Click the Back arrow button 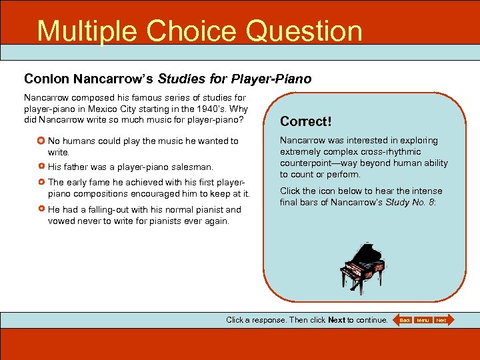[x=403, y=320]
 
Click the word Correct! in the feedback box [x=305, y=121]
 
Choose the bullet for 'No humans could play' [x=41, y=141]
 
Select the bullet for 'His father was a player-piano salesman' [x=41, y=167]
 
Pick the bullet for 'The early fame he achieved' [x=41, y=182]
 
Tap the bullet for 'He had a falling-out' [x=41, y=209]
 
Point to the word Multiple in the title [x=86, y=31]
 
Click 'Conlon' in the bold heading [x=46, y=79]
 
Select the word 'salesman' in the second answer [x=194, y=167]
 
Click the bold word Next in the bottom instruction [x=337, y=320]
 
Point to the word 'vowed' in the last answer [x=61, y=221]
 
